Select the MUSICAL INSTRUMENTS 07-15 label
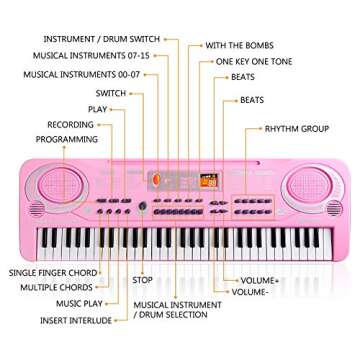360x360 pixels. click(x=91, y=56)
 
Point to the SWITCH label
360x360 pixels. click(x=111, y=93)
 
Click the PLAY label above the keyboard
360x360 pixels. click(x=97, y=109)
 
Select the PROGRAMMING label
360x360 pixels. click(x=67, y=139)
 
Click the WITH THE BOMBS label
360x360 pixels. click(x=239, y=46)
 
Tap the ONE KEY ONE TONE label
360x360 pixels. click(x=254, y=61)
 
